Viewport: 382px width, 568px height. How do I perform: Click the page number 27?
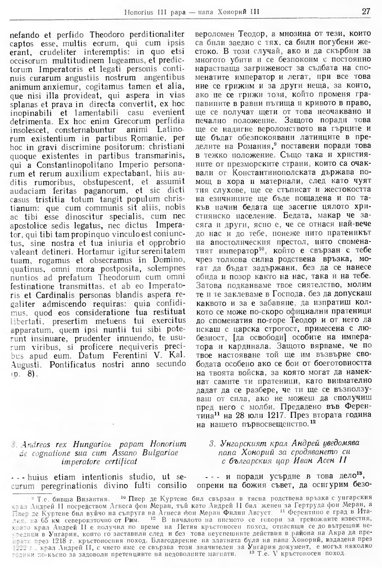point(366,11)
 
